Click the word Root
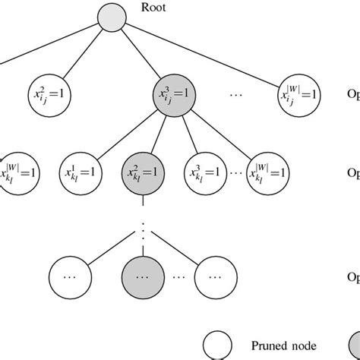(154, 9)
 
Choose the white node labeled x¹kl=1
(82, 172)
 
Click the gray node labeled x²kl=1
(142, 172)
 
